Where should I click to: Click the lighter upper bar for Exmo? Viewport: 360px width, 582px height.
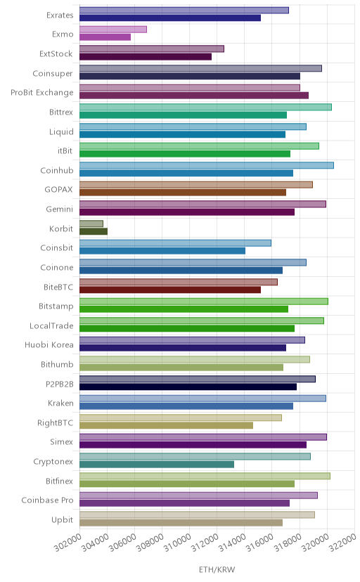tap(113, 30)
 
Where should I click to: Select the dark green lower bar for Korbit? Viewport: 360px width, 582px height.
tap(94, 232)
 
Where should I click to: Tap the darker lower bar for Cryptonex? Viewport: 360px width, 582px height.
tap(157, 465)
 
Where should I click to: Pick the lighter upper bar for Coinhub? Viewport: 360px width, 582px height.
tap(207, 165)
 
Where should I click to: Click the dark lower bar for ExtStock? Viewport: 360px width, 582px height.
tap(146, 57)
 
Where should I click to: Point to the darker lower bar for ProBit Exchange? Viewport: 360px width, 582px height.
tap(194, 96)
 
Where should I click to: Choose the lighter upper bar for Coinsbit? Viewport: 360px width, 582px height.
tap(175, 242)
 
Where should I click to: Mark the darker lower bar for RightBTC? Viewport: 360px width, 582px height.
tap(166, 425)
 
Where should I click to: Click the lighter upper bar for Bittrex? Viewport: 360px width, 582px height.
tap(205, 107)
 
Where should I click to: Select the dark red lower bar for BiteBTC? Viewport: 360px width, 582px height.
tap(170, 290)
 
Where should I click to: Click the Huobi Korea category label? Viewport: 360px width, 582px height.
tap(49, 345)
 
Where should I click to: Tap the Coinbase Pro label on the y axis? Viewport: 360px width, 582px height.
tap(48, 500)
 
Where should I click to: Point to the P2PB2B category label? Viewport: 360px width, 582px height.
tap(60, 384)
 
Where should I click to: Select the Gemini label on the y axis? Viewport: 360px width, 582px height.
tap(60, 209)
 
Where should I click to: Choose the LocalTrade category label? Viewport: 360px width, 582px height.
tap(51, 325)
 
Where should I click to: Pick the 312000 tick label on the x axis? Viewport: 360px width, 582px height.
tap(205, 543)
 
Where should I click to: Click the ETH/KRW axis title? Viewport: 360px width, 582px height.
tap(217, 569)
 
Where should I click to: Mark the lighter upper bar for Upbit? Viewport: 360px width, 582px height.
tap(197, 515)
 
